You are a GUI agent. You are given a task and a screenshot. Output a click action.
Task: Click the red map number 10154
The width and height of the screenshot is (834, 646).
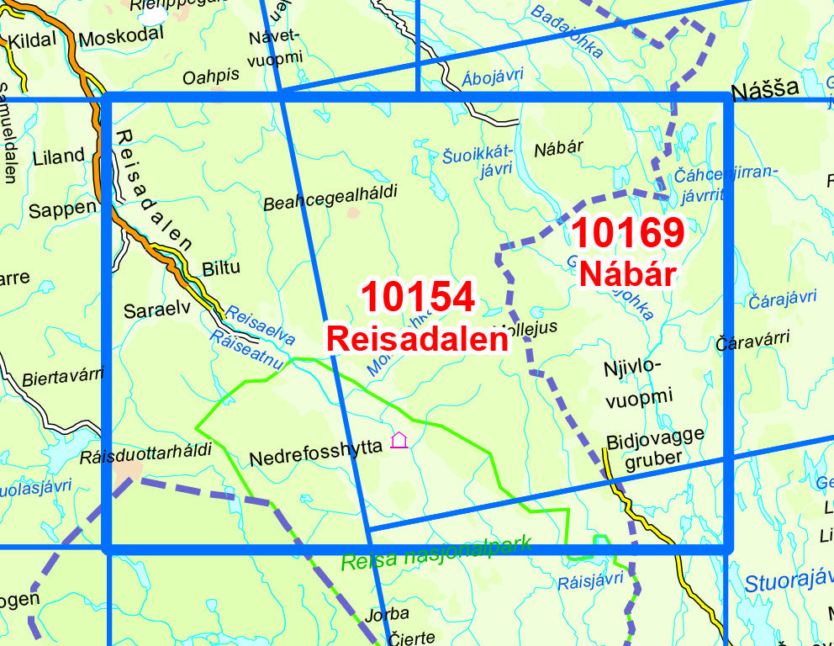click(x=418, y=298)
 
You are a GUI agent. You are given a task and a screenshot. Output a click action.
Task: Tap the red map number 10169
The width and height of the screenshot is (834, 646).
click(x=627, y=233)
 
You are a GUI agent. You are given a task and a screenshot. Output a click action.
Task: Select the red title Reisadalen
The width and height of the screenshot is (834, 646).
click(x=417, y=338)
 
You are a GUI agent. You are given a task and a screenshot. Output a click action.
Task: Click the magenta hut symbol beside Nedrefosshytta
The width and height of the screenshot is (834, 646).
click(x=399, y=440)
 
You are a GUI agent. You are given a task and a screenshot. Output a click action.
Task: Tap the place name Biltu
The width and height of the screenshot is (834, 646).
click(x=221, y=268)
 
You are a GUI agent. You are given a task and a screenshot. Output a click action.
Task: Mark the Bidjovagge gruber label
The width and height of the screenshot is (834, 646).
click(x=655, y=447)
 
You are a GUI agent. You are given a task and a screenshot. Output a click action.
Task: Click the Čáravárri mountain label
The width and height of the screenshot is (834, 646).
click(x=752, y=340)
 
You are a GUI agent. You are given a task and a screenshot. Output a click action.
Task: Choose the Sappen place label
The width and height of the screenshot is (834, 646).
click(x=62, y=209)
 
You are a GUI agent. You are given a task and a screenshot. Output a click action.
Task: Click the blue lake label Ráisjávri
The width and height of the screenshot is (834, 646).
click(x=590, y=580)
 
